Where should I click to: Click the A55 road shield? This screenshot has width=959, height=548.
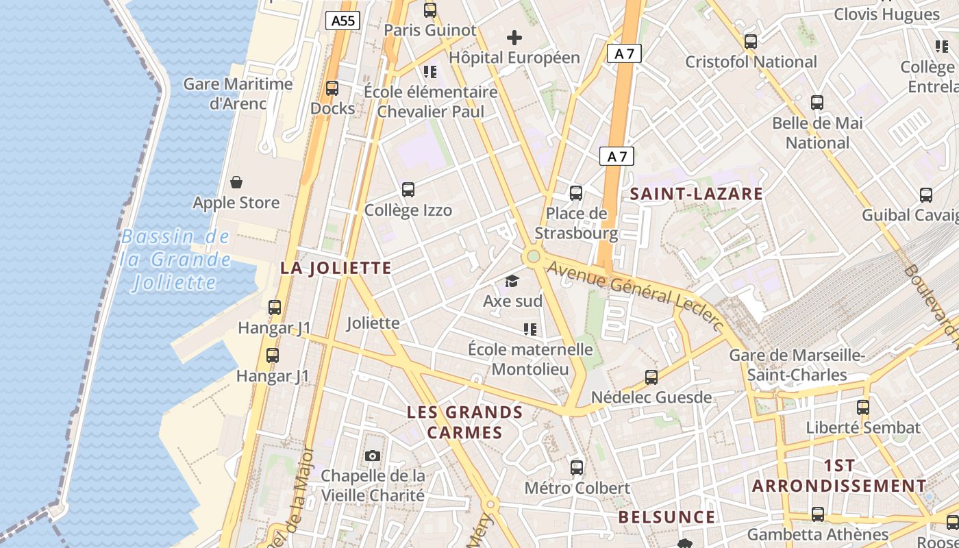click(x=342, y=21)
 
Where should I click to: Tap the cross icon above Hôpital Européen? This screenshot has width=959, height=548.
click(x=514, y=38)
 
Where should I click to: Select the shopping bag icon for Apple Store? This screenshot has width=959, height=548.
click(x=236, y=182)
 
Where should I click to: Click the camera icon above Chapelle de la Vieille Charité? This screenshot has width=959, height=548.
click(x=373, y=456)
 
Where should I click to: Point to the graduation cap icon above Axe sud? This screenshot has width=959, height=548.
click(x=512, y=281)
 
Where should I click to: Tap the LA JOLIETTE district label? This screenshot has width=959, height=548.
click(x=336, y=268)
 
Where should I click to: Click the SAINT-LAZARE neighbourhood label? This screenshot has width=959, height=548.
click(x=696, y=194)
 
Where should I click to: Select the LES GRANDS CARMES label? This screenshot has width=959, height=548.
click(x=465, y=422)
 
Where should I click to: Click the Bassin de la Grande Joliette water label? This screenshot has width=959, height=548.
click(x=175, y=260)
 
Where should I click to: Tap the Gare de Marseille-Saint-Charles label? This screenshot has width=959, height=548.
click(x=797, y=365)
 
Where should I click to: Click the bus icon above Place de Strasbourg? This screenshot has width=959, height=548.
click(x=576, y=193)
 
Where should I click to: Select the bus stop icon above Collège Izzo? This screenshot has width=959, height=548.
click(x=408, y=190)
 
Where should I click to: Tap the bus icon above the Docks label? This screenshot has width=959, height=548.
click(x=332, y=88)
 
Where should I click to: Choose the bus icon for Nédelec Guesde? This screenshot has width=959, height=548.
click(x=651, y=377)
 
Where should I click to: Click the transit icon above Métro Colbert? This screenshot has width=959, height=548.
click(x=577, y=468)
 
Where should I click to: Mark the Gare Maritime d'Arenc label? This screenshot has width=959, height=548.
click(x=238, y=94)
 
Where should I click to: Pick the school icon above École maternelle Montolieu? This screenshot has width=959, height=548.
click(x=530, y=329)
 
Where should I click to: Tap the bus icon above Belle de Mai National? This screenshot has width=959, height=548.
click(x=817, y=103)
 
